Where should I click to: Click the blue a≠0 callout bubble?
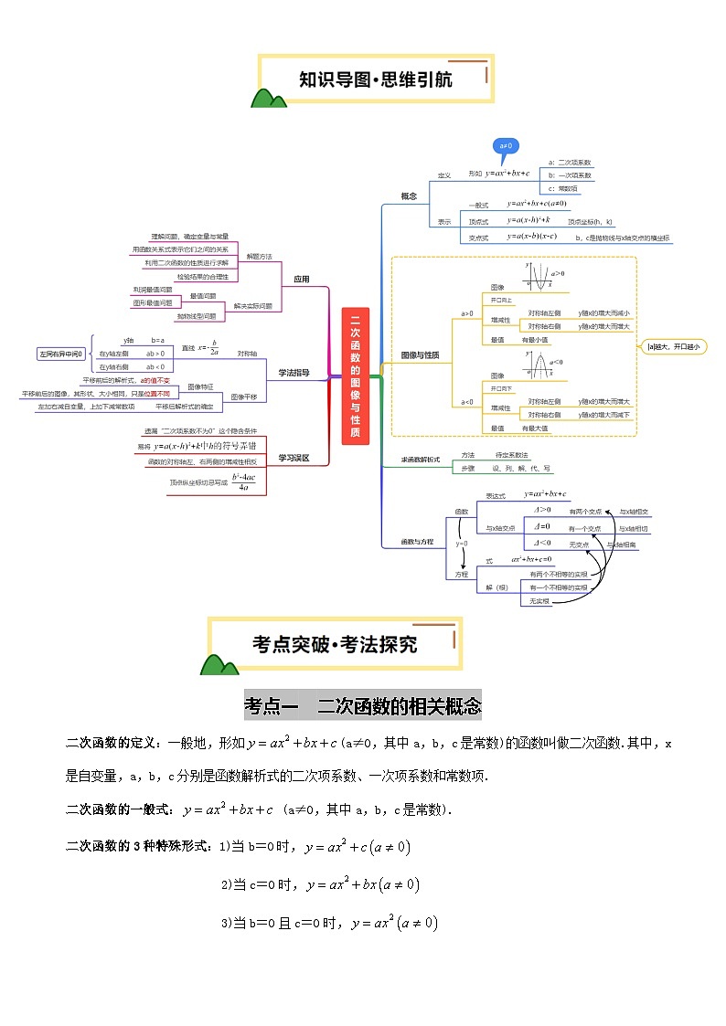point(507,145)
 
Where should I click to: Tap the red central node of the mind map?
point(355,375)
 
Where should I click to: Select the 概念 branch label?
point(409,196)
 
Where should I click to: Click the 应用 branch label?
point(301,279)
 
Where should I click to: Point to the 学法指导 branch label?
point(294,372)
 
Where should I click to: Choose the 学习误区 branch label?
point(294,458)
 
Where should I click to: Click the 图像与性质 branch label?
point(421,354)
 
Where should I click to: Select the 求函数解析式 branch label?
point(421,460)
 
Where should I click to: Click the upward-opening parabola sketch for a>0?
point(539,275)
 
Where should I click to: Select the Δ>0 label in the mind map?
point(542,509)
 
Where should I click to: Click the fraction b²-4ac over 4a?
point(242,481)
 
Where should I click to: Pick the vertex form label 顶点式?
point(478,221)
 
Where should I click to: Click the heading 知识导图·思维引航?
point(376,79)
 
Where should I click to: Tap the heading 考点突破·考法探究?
point(335,643)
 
